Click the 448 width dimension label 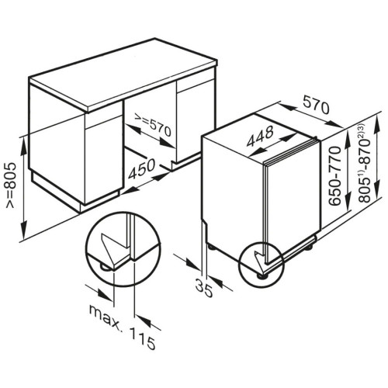(x=260, y=137)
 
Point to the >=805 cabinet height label (x=11, y=185)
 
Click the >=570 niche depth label (x=153, y=126)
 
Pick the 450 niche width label (x=142, y=168)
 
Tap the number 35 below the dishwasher (x=204, y=288)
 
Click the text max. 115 (x=122, y=327)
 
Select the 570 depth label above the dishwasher (x=316, y=105)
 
